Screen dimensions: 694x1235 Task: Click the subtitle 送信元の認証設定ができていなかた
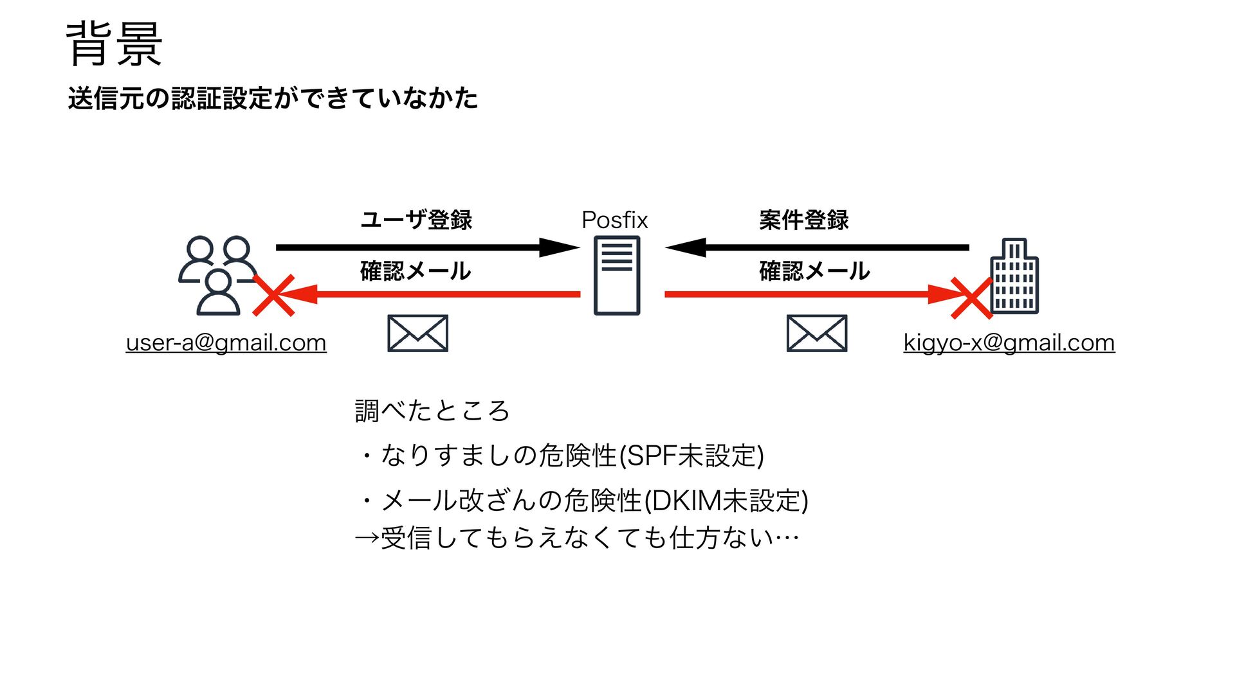click(273, 98)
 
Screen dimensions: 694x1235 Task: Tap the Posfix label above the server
click(614, 220)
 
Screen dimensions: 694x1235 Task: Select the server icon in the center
click(616, 275)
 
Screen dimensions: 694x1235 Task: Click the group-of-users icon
click(217, 275)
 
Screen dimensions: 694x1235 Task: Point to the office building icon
click(1014, 276)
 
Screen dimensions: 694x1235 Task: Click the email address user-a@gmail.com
click(226, 343)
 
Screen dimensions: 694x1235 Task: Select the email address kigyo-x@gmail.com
click(1009, 343)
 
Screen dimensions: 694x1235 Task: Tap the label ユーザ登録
click(416, 220)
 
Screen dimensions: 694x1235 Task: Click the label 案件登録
click(803, 220)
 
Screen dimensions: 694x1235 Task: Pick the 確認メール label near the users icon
click(416, 271)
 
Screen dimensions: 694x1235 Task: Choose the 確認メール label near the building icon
click(814, 271)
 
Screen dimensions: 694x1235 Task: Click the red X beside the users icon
click(274, 296)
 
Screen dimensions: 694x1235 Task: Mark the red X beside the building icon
click(971, 298)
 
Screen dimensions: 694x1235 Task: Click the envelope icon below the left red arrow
click(417, 334)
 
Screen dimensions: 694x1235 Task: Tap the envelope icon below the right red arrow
click(816, 334)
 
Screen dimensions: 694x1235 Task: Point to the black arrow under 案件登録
click(817, 247)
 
